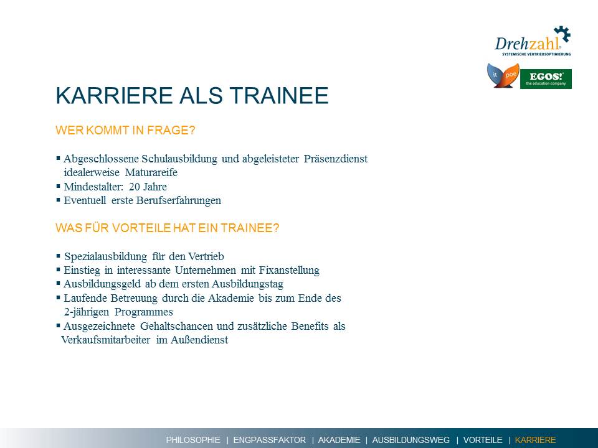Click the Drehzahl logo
pos(533,41)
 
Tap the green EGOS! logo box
pos(546,79)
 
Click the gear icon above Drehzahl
pos(562,34)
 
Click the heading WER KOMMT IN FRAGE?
pos(125,130)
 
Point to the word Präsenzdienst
pos(336,159)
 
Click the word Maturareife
pos(151,172)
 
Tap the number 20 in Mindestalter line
pos(135,187)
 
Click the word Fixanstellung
pos(289,270)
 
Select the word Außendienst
pos(199,340)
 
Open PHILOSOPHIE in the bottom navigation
pos(193,440)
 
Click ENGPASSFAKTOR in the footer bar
pos(269,440)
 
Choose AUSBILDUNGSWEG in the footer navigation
pos(411,440)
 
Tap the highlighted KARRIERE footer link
pos(535,440)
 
